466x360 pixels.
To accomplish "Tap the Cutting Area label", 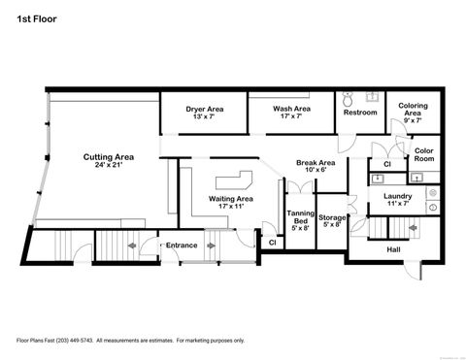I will (x=108, y=156).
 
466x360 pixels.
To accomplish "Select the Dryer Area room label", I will (x=205, y=109).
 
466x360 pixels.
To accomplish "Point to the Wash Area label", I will (x=291, y=109).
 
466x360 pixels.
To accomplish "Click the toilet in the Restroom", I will (x=349, y=99).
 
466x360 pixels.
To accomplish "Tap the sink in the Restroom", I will (x=371, y=97).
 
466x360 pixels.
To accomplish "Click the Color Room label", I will (x=423, y=154).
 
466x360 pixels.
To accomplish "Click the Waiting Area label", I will (x=230, y=199).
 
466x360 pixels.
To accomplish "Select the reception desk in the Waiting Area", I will (x=234, y=180).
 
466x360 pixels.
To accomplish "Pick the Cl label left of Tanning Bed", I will (x=271, y=242).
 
